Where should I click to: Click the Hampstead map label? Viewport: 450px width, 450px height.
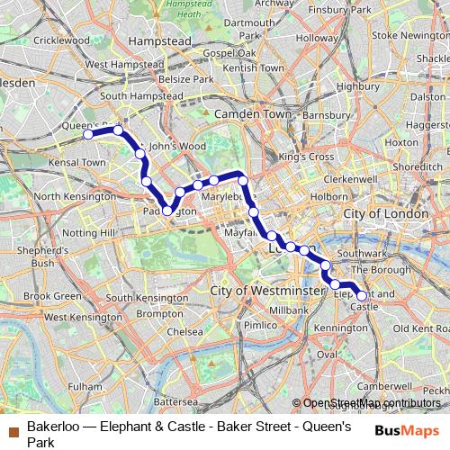[155, 41]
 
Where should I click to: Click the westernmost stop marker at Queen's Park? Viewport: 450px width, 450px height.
[88, 134]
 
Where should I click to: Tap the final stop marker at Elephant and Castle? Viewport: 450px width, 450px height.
[362, 295]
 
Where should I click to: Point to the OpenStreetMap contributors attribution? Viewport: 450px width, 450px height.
[372, 403]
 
